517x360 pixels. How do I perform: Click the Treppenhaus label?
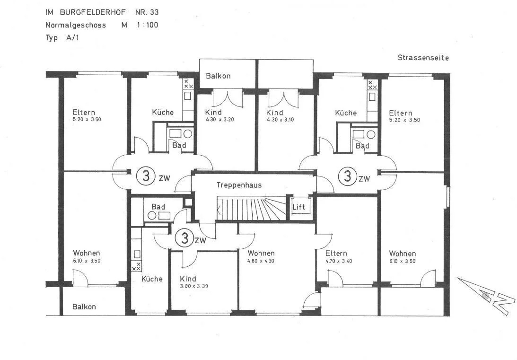(239, 185)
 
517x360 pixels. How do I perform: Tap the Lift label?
(299, 207)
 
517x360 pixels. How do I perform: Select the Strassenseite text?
(423, 58)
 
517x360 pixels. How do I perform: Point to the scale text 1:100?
(148, 25)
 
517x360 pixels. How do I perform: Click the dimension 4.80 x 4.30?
(261, 261)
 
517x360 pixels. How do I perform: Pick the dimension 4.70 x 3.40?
(339, 261)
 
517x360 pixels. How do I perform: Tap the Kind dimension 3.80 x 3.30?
(194, 286)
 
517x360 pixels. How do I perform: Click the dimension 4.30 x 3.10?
(280, 120)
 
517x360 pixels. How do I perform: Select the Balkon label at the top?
(218, 76)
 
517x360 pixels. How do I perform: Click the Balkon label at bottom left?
(84, 307)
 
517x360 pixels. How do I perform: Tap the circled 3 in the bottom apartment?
(184, 238)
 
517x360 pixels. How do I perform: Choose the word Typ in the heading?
(52, 38)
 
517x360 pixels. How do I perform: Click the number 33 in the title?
(154, 12)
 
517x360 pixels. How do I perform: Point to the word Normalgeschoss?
(76, 25)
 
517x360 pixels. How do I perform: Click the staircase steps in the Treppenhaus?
(251, 209)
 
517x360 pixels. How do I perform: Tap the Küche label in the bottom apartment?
(152, 279)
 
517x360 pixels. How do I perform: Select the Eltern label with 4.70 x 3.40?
(336, 253)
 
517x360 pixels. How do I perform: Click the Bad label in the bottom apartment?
(158, 207)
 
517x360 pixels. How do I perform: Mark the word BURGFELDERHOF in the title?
(93, 12)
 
